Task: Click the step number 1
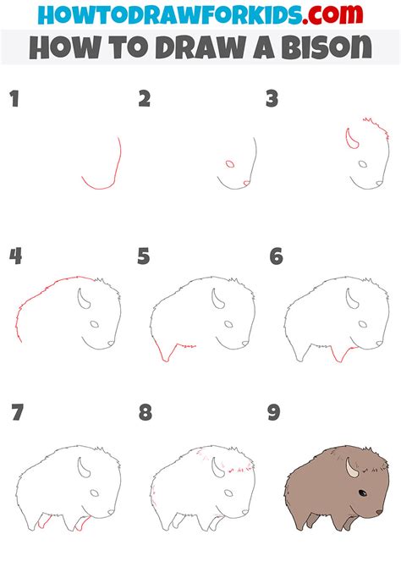click(x=14, y=99)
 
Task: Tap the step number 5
click(x=144, y=256)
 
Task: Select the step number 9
click(x=274, y=413)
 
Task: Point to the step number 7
click(x=18, y=413)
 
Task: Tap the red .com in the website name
click(x=332, y=14)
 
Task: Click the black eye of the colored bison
click(x=362, y=493)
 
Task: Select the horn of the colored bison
click(x=350, y=469)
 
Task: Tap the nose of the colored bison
click(x=379, y=512)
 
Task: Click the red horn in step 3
click(x=350, y=140)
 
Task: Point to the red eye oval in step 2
click(x=230, y=164)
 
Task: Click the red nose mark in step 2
click(x=246, y=184)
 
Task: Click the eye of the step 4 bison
click(x=95, y=324)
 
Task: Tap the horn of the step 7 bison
click(x=83, y=468)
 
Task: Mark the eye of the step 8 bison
click(x=228, y=493)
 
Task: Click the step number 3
click(x=272, y=99)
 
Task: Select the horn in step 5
click(x=217, y=300)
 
